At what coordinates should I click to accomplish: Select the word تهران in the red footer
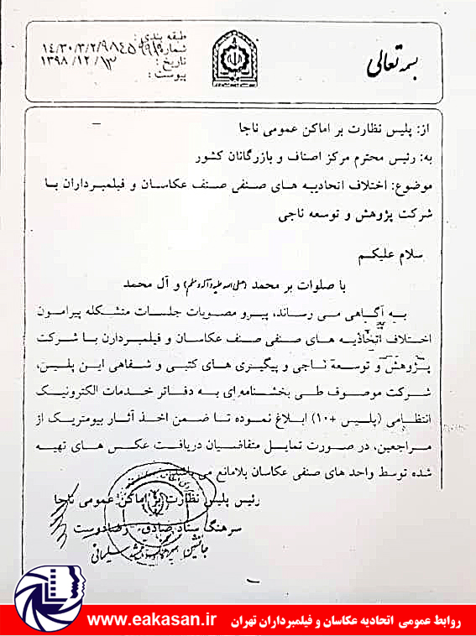[x=248, y=618]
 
